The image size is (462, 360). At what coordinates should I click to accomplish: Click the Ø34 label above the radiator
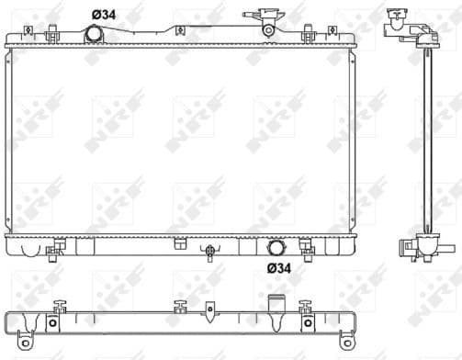tap(103, 13)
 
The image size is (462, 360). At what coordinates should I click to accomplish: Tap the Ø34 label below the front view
tap(279, 268)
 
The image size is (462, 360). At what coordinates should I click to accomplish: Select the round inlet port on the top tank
tap(94, 34)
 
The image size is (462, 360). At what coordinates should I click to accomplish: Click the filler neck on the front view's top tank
tap(266, 24)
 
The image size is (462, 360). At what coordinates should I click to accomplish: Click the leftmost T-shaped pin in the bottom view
tap(61, 306)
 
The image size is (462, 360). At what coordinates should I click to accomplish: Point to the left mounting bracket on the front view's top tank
tap(31, 35)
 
